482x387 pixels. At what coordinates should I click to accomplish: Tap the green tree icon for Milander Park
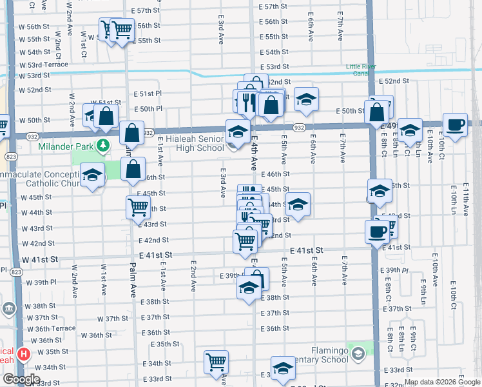coord(102,143)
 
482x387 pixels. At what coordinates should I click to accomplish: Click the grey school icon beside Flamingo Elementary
coord(358,353)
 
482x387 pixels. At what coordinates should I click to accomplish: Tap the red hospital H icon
coord(24,353)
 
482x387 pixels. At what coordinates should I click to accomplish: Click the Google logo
coord(21,379)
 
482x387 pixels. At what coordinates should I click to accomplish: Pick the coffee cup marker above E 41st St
coord(377,231)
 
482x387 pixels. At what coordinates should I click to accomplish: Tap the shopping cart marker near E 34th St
coord(216,361)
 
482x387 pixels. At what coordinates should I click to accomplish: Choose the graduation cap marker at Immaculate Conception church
coord(92,175)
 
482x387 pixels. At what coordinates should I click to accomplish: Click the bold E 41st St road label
coord(314,250)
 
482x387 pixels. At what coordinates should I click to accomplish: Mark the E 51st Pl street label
coord(148,94)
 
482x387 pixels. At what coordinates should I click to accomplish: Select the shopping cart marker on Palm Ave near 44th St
coord(138,207)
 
